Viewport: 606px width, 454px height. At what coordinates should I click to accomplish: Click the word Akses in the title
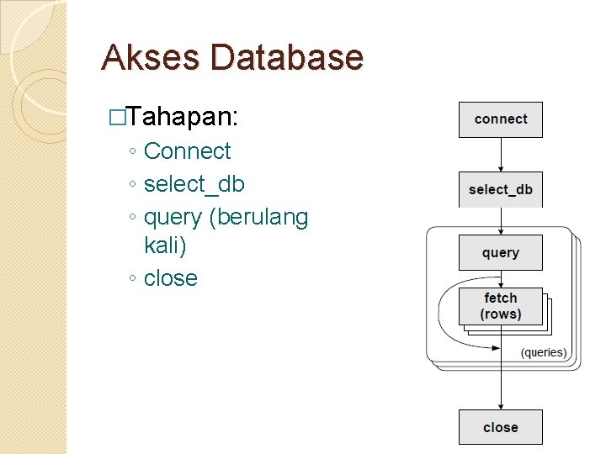(151, 57)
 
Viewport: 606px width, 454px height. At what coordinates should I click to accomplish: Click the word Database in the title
(288, 57)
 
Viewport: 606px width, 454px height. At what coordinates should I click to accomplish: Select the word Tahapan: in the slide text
(184, 117)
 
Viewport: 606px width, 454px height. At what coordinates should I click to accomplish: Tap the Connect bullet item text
(187, 151)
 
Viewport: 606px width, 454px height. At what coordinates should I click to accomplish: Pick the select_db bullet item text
(194, 184)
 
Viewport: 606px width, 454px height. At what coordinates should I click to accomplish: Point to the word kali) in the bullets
(165, 246)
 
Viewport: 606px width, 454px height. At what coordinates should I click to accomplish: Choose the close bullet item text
(171, 278)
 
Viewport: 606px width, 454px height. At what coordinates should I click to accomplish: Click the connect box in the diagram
(501, 119)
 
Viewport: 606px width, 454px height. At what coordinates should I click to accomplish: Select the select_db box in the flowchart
(501, 189)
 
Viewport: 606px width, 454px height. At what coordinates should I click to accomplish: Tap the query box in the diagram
(501, 252)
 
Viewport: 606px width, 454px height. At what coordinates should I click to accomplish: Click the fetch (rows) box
(501, 306)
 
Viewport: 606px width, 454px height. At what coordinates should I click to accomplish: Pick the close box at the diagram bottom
(501, 427)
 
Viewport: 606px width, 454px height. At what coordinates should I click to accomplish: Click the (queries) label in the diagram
(544, 352)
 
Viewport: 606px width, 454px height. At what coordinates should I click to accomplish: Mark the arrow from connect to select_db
(501, 155)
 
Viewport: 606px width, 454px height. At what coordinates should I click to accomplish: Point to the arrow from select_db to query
(501, 220)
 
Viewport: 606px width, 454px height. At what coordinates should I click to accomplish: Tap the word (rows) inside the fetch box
(501, 314)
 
